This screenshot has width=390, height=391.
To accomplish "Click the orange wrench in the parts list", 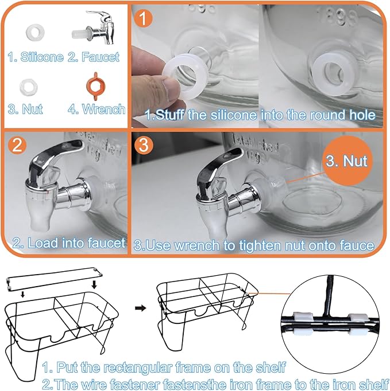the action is (x=96, y=86).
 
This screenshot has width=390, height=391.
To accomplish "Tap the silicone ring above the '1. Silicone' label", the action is (x=35, y=33).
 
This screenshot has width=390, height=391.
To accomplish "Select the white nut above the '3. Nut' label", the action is (x=29, y=87).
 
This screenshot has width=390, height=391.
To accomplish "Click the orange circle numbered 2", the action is (x=17, y=145).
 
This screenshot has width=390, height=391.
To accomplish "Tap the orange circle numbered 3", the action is (x=144, y=145).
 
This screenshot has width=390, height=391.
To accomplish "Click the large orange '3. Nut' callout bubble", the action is (x=347, y=161).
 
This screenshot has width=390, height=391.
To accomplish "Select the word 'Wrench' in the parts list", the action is (x=104, y=110).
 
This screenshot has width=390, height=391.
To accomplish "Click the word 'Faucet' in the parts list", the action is (x=101, y=57).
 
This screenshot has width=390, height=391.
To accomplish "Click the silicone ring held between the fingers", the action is (x=185, y=76).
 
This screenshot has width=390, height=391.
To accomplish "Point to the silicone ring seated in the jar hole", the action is (x=333, y=74).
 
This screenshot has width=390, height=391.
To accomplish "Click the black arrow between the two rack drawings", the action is (x=140, y=308).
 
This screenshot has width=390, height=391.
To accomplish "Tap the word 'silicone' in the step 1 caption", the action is (x=234, y=115).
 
